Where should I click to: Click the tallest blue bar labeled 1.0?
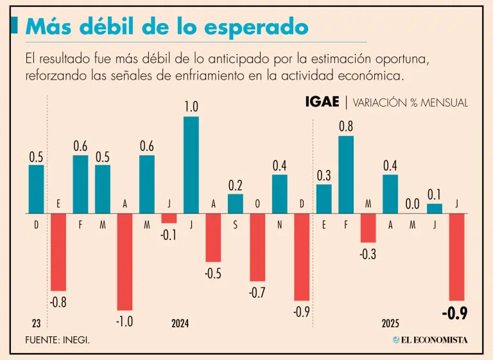191,165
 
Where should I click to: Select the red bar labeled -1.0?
125,262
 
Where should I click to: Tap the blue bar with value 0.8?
346,175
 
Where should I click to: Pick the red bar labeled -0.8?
58,252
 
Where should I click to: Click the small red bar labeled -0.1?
169,218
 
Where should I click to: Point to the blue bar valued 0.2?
236,203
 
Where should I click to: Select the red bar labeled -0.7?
257,247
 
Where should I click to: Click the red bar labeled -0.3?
368,228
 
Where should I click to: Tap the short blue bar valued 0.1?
435,209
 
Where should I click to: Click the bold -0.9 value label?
454,314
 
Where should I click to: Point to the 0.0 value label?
412,203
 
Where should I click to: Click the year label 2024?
180,323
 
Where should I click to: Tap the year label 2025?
390,323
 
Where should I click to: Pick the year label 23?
36,323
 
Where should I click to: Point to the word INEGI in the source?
76,339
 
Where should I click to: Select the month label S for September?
236,225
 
